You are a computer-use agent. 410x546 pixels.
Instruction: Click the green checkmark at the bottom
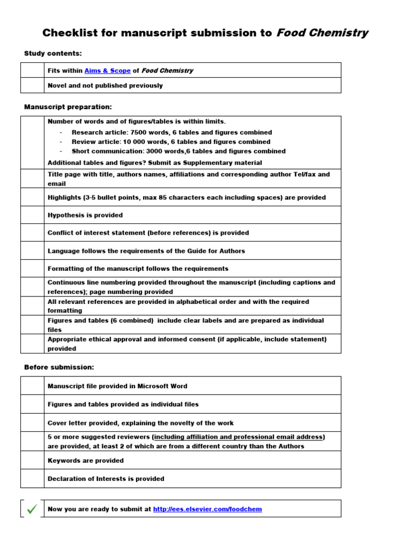pyautogui.click(x=32, y=509)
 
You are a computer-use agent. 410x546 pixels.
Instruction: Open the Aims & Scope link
pyautogui.click(x=107, y=70)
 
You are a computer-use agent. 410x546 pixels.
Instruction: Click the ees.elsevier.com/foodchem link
pyautogui.click(x=207, y=509)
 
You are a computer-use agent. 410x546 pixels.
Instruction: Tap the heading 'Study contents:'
pyautogui.click(x=53, y=53)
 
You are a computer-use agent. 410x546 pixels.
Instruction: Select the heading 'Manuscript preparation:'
pyautogui.click(x=68, y=107)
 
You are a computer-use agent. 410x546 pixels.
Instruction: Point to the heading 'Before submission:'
pyautogui.click(x=59, y=367)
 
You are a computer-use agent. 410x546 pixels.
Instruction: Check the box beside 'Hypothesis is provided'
pyautogui.click(x=32, y=215)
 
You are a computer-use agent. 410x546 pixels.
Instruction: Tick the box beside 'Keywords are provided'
pyautogui.click(x=32, y=460)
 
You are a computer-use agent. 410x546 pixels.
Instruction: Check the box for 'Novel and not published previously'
pyautogui.click(x=32, y=85)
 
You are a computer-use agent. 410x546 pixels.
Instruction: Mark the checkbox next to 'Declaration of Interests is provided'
pyautogui.click(x=32, y=478)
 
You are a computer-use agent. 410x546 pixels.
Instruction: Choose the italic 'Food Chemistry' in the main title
pyautogui.click(x=322, y=33)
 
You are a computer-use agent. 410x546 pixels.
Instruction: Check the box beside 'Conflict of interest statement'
pyautogui.click(x=32, y=232)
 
